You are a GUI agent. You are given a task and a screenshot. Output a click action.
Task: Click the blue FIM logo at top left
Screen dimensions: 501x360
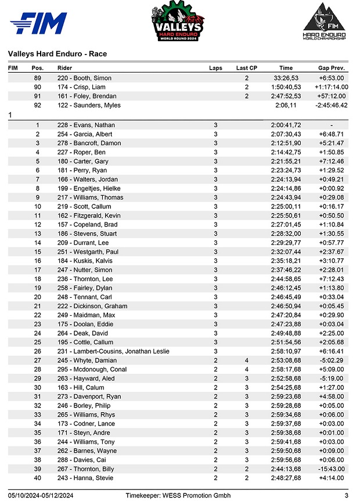(38, 24)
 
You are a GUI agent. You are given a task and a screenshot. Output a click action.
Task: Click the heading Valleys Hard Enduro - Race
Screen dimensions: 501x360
(57, 54)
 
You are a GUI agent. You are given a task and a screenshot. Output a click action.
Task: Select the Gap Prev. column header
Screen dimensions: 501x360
(332, 68)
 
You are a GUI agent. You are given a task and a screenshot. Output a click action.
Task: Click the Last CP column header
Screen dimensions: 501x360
(246, 68)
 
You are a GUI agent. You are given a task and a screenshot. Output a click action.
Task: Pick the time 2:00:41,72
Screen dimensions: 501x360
(286, 125)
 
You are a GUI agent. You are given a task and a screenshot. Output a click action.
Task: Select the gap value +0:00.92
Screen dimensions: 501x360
(331, 188)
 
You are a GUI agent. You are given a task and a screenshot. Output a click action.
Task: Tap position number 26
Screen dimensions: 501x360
(38, 351)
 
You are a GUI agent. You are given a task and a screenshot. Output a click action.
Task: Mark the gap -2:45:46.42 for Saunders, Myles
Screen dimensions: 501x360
(329, 105)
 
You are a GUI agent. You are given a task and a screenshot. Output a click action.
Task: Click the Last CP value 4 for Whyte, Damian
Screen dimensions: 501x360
(246, 361)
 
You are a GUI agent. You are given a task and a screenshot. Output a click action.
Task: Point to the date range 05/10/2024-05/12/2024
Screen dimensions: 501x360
(40, 495)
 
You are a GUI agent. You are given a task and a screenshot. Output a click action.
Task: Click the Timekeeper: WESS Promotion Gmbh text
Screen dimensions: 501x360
(179, 495)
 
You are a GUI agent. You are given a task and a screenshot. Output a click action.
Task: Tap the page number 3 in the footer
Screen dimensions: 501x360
(346, 495)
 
